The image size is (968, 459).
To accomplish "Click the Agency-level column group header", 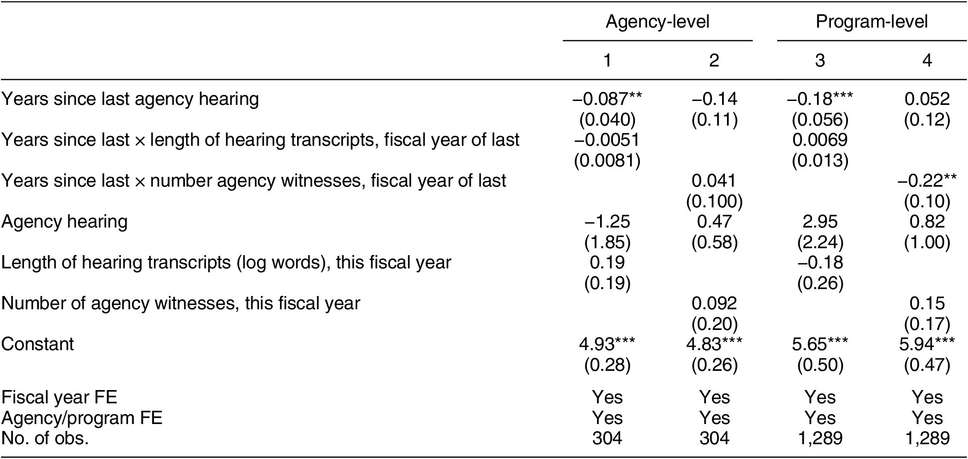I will point(657,22).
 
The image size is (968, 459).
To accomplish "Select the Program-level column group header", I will point(872,22).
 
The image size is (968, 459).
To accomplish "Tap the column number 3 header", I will point(820,60).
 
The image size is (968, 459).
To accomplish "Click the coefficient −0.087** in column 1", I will point(607,99).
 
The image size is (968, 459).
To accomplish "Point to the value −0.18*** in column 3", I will point(820,99).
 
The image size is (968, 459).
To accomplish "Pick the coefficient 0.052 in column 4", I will point(927,99).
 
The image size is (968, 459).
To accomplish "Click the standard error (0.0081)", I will point(607,161).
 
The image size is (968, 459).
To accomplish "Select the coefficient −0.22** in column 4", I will point(927,181).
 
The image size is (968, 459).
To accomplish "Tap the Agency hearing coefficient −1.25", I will point(607,222).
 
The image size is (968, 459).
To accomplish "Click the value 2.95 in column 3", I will point(820,222).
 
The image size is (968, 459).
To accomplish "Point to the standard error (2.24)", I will point(820,242).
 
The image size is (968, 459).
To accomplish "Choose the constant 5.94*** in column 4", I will point(927,344).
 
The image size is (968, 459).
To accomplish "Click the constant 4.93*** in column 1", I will point(607,344).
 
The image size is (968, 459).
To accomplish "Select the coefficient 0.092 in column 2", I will point(714,303).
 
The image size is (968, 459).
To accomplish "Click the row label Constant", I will point(37,344).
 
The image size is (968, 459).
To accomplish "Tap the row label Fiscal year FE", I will point(59,397).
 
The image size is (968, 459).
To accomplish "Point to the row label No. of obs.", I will point(45,438).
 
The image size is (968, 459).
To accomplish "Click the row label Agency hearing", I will point(64,222).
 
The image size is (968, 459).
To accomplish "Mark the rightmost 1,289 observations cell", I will point(927,438).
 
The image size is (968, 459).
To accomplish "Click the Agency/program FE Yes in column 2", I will point(714,418).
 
